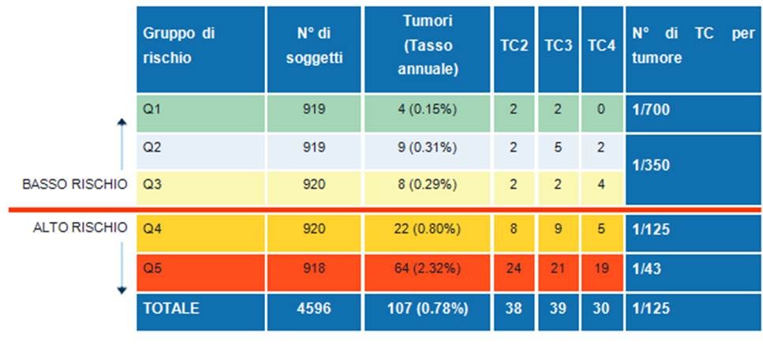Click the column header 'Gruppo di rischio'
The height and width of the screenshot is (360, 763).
(178, 46)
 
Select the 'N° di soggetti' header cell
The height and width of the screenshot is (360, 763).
(314, 46)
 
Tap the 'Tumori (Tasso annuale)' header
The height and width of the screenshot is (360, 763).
(427, 46)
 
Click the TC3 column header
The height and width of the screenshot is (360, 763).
(558, 46)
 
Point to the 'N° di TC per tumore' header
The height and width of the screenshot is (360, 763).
(694, 46)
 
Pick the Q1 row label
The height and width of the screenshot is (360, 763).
(151, 110)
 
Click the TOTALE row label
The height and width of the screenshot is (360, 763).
(171, 309)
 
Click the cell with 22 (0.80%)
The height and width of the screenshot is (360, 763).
(427, 231)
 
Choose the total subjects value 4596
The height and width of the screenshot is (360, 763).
(314, 309)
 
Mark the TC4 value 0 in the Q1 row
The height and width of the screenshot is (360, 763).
(600, 110)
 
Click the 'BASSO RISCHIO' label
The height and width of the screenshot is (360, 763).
(76, 186)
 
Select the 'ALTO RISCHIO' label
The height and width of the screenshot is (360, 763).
(80, 227)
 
